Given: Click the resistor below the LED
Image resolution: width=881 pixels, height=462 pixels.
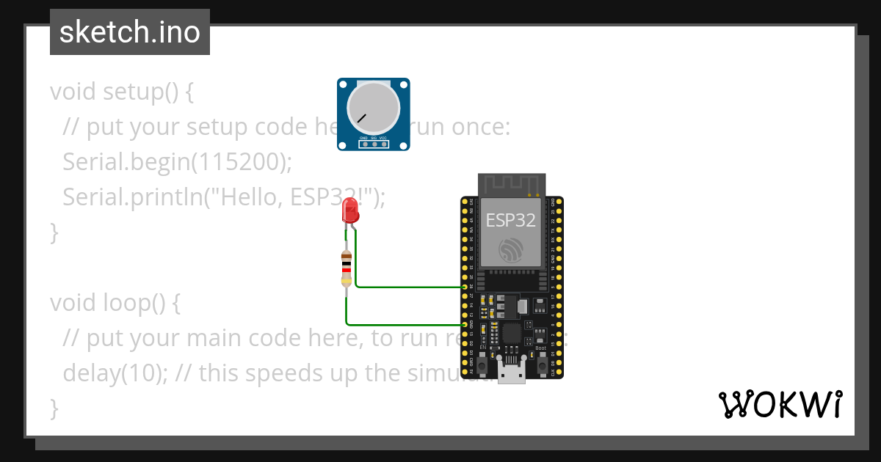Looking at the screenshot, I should [x=347, y=268].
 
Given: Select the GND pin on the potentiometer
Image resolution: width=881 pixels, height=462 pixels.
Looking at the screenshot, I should [x=363, y=144].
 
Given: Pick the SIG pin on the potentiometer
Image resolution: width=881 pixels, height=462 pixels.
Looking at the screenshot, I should [x=374, y=144].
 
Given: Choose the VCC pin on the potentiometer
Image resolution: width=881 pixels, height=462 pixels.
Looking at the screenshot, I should [x=384, y=144].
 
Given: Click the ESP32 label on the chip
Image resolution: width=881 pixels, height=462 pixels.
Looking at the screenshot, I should [x=511, y=220].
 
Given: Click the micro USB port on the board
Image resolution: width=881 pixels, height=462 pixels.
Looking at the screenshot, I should [x=511, y=373].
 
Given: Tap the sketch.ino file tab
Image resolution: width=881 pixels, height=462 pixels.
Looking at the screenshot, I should [x=130, y=32].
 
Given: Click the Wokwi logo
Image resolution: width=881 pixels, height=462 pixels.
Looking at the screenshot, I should [x=780, y=404].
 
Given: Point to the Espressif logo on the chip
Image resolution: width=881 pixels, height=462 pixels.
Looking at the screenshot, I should [x=511, y=250].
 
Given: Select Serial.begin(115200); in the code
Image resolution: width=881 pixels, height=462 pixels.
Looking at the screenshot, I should [x=178, y=161].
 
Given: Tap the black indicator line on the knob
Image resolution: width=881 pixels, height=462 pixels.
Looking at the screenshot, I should [x=361, y=117].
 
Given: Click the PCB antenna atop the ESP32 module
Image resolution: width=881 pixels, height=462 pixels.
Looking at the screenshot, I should [x=512, y=185].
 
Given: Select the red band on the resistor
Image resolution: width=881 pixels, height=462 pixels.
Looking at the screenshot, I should [x=347, y=269].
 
